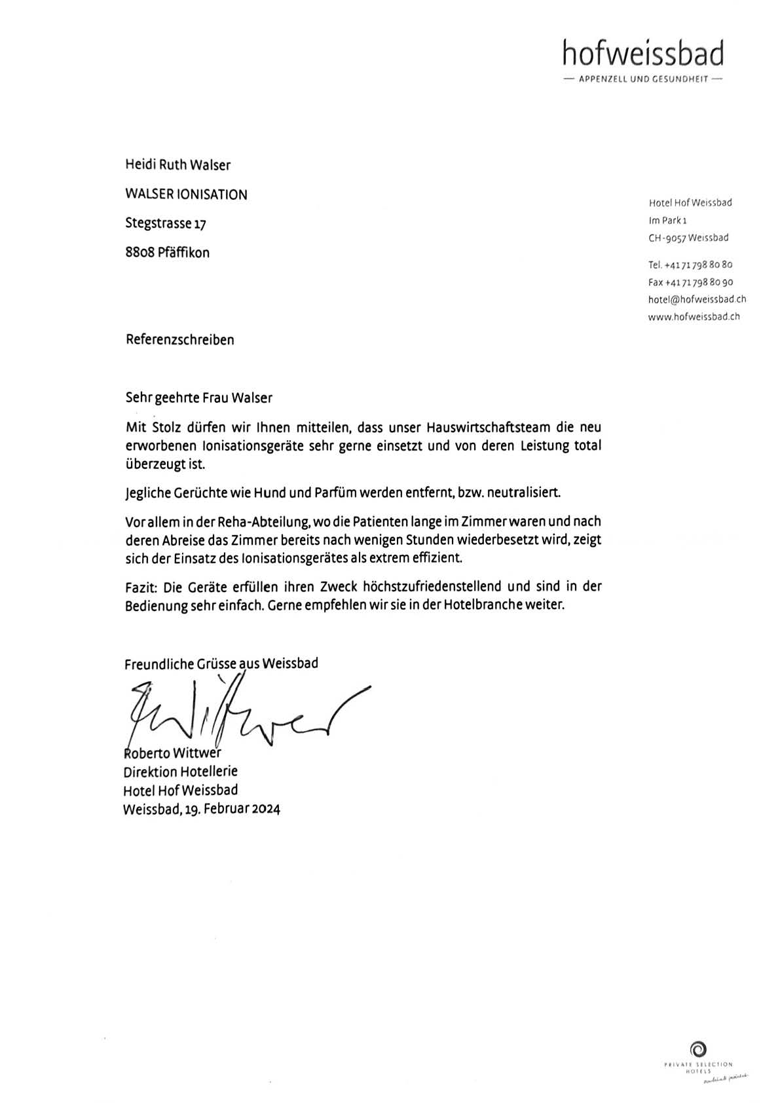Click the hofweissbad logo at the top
pos(642,54)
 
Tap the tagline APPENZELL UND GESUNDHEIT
pos(642,80)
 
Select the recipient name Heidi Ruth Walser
pos(177,165)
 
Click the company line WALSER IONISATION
pos(186,195)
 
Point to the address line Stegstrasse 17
pos(166,223)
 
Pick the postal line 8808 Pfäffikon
pos(167,253)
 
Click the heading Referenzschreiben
pos(179,340)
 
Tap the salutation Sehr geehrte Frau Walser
pos(198,398)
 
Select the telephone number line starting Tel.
pos(690,265)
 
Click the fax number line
pos(690,282)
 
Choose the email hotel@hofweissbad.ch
pos(697,299)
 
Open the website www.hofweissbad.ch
pos(694,317)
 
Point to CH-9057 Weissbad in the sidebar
pos(688,238)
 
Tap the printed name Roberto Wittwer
pos(172,753)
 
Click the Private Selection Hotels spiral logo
pos(698,1049)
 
